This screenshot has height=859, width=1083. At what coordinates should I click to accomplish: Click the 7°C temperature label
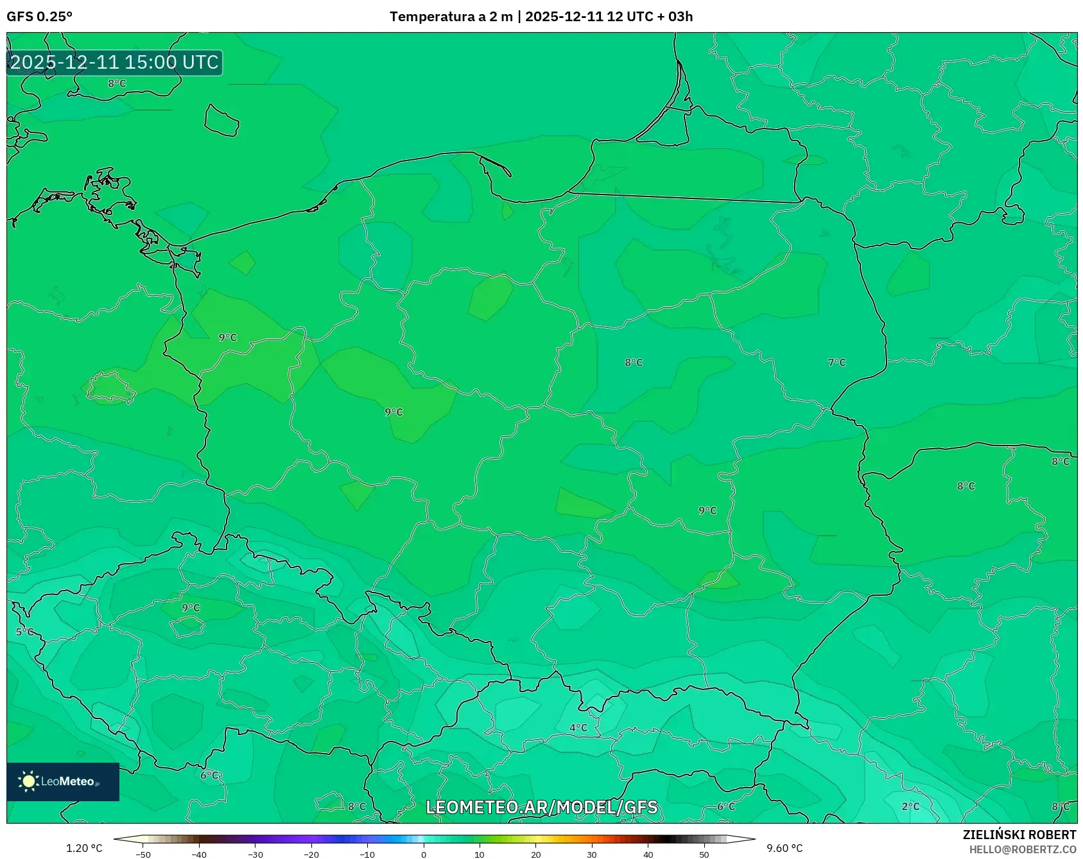[x=836, y=363]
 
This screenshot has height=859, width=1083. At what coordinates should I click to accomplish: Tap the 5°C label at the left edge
[x=24, y=632]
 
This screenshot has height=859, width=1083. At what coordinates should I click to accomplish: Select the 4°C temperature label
[x=578, y=727]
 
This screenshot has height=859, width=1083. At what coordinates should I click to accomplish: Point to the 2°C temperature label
[x=910, y=806]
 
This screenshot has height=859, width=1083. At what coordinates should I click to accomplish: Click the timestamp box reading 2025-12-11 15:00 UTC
[x=114, y=62]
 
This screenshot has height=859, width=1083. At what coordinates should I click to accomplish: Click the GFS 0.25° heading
[x=39, y=17]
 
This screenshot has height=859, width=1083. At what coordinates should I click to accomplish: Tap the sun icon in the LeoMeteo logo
[x=29, y=781]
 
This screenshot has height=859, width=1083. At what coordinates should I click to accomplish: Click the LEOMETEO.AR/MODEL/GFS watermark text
[x=541, y=807]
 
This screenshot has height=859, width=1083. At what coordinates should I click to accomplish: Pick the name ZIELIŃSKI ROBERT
[x=1019, y=835]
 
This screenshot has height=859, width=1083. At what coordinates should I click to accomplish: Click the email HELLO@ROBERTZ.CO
[x=1023, y=849]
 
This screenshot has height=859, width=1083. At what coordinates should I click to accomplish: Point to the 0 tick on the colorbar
[x=424, y=855]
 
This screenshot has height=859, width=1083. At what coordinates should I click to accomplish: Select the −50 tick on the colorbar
[x=143, y=855]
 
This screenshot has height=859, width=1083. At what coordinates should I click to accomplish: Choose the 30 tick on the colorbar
[x=592, y=855]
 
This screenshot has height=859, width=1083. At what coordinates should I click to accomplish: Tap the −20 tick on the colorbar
[x=311, y=855]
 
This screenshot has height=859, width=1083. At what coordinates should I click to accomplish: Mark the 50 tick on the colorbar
[x=704, y=855]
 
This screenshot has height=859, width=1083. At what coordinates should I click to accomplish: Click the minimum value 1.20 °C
[x=84, y=848]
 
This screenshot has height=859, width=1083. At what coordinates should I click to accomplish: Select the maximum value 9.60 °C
[x=784, y=848]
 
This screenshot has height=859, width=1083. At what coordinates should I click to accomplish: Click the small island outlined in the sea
[x=221, y=121]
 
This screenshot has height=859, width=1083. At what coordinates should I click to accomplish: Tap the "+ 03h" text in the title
[x=675, y=17]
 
